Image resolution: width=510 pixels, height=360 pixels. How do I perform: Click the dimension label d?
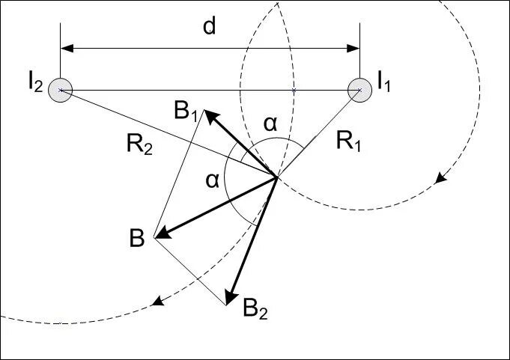click(210, 28)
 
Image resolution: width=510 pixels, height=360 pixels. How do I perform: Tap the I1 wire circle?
click(359, 90)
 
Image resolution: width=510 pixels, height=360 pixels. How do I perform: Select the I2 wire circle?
click(60, 91)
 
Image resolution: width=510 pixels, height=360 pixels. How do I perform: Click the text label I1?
click(384, 80)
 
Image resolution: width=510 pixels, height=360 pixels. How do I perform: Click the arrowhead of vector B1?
click(211, 116)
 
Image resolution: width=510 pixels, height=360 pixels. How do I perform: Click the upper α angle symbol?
click(271, 125)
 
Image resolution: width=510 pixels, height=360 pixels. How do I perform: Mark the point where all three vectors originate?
click(277, 177)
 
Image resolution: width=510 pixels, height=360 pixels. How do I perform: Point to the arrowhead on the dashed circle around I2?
click(157, 302)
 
